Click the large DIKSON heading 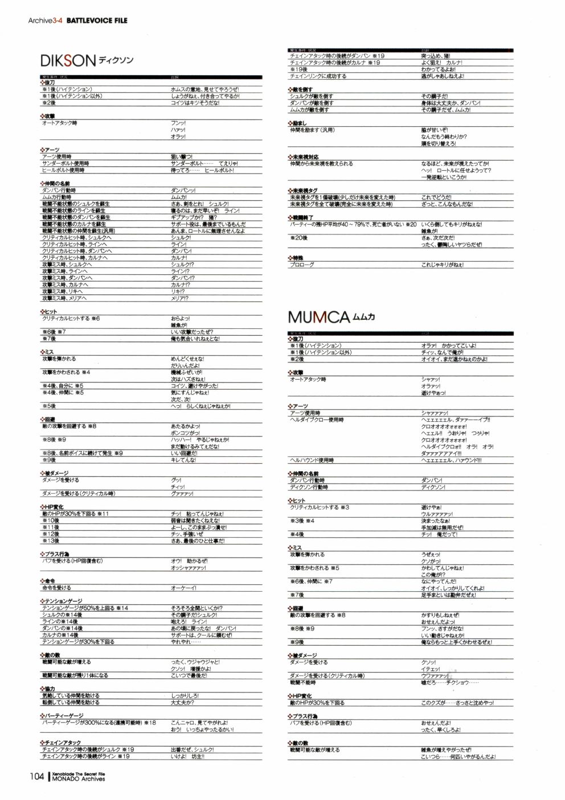tap(68, 61)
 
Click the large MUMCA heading tap(318, 317)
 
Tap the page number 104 tap(37, 776)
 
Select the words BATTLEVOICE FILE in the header tap(97, 20)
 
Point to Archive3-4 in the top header tap(46, 20)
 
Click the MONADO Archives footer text tap(79, 779)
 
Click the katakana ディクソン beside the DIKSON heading tap(116, 60)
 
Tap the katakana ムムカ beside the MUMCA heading tap(364, 316)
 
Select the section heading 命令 tap(50, 581)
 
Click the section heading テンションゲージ tap(63, 601)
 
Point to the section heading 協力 tap(50, 688)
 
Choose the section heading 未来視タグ tap(305, 191)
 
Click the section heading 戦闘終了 tap(302, 217)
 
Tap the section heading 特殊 tap(298, 258)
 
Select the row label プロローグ tap(302, 265)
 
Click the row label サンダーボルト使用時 tap(65, 163)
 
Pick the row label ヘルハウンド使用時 tap(312, 460)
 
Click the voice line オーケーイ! tap(183, 588)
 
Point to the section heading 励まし tap(299, 123)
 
